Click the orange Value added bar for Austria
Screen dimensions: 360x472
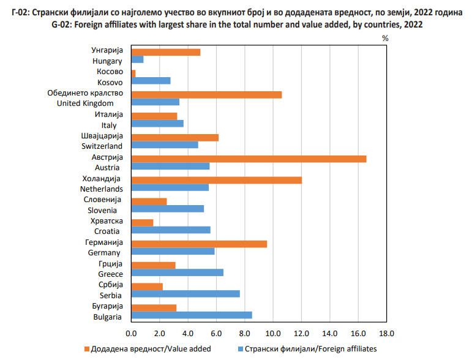click(x=249, y=159)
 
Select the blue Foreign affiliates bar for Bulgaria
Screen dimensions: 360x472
click(x=192, y=315)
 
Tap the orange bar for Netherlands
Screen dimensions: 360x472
click(x=216, y=180)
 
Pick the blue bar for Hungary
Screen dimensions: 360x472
click(x=137, y=60)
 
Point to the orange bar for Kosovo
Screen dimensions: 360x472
click(x=133, y=73)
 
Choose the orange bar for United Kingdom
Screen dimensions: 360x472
click(x=206, y=94)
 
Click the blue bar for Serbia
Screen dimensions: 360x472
click(x=185, y=294)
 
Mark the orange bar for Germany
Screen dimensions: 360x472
click(x=199, y=244)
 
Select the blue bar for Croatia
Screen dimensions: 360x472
click(x=171, y=230)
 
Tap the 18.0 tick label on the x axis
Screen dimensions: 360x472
click(x=386, y=333)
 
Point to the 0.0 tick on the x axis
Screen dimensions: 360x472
click(x=130, y=333)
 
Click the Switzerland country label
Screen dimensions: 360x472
click(x=102, y=146)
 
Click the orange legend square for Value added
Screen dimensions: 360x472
click(x=86, y=349)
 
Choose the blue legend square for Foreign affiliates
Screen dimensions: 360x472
click(x=240, y=349)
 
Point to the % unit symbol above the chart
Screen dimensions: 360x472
click(x=386, y=38)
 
